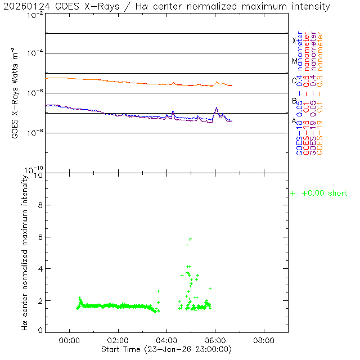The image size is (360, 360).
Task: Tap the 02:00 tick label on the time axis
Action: (x=118, y=340)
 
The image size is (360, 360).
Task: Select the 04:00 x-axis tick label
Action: (x=166, y=340)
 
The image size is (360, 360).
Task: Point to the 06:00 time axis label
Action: (x=215, y=340)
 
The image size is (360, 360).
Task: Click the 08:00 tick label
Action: (x=264, y=340)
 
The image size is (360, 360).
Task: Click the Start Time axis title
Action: (x=167, y=350)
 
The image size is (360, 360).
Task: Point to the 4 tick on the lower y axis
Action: (x=40, y=269)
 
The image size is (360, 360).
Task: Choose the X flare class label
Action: (x=294, y=40)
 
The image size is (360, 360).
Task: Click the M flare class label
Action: (x=294, y=61)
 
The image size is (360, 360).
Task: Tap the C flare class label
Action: (x=294, y=80)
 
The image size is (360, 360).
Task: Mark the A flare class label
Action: (x=294, y=120)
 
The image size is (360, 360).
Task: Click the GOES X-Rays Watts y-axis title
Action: (x=15, y=93)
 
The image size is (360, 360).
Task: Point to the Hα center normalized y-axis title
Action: (x=25, y=252)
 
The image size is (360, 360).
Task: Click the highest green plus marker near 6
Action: (x=191, y=238)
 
